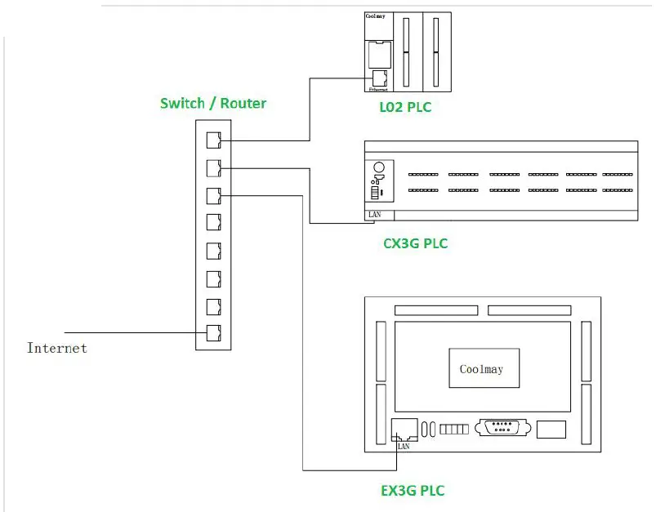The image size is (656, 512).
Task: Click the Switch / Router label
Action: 212,103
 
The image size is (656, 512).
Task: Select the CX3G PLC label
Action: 415,243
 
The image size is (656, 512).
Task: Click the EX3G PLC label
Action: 413,491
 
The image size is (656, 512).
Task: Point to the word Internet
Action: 57,348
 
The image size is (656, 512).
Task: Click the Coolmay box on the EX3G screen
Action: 481,369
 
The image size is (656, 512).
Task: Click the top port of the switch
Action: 213,139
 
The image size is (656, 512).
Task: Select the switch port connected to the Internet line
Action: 213,332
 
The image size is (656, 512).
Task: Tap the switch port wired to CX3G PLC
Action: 213,167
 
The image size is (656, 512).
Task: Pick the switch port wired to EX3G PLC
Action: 213,195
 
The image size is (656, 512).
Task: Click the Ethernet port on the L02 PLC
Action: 379,78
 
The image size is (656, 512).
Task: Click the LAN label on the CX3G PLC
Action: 375,215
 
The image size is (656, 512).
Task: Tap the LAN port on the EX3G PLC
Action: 404,430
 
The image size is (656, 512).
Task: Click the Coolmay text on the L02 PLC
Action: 376,16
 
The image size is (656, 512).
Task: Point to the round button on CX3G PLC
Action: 378,168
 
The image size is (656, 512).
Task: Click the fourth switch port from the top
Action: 213,222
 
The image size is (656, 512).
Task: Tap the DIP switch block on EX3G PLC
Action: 453,430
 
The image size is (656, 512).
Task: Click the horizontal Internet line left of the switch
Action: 131,332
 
